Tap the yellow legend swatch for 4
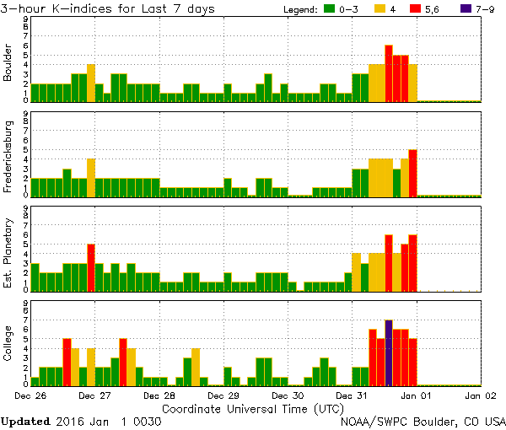380,8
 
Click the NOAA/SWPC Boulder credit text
423,421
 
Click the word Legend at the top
300,8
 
